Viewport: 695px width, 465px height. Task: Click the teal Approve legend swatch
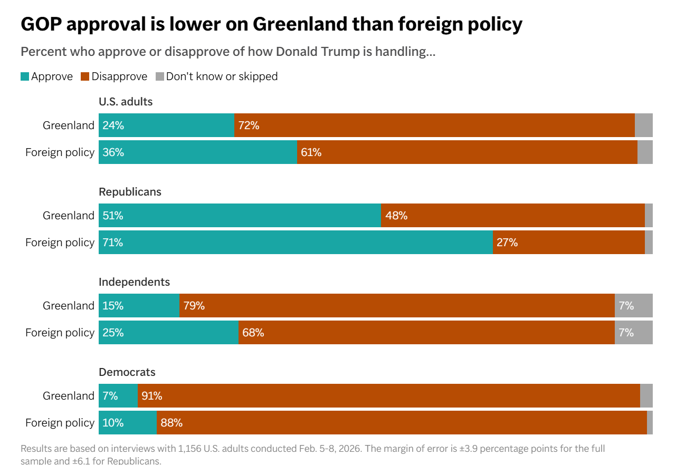pyautogui.click(x=25, y=76)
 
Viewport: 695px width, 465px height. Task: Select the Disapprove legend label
pyautogui.click(x=119, y=76)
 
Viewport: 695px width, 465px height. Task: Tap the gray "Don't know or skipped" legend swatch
pyautogui.click(x=160, y=76)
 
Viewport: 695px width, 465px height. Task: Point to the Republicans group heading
pyautogui.click(x=130, y=192)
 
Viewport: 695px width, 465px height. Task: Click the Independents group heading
pyautogui.click(x=134, y=282)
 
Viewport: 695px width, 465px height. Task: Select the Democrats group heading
pyautogui.click(x=127, y=372)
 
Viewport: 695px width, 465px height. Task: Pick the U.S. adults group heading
pyautogui.click(x=126, y=102)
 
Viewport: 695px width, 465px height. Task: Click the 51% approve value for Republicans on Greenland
pyautogui.click(x=113, y=216)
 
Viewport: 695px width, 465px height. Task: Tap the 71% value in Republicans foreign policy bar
pyautogui.click(x=113, y=243)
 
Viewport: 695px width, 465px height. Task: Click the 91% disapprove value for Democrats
pyautogui.click(x=151, y=396)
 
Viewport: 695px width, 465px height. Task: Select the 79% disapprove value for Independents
pyautogui.click(x=194, y=306)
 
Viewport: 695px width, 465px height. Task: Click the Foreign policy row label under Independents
pyautogui.click(x=60, y=333)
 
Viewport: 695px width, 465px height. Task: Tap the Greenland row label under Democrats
pyautogui.click(x=69, y=396)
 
